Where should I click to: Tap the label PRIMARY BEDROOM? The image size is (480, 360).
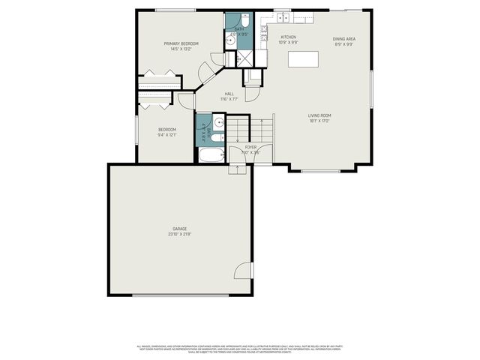click(x=181, y=43)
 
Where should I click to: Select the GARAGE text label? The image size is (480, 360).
click(x=179, y=229)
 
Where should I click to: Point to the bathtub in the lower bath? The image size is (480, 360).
click(x=211, y=155)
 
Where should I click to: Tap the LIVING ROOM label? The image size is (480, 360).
click(x=319, y=115)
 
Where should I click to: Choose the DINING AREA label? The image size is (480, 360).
click(x=344, y=37)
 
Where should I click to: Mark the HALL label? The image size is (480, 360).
click(x=229, y=94)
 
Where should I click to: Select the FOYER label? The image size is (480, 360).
click(x=250, y=147)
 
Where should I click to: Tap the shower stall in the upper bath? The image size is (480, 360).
click(x=244, y=58)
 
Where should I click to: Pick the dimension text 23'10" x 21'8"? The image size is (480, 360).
click(x=179, y=235)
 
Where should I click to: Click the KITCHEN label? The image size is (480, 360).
click(x=289, y=37)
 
